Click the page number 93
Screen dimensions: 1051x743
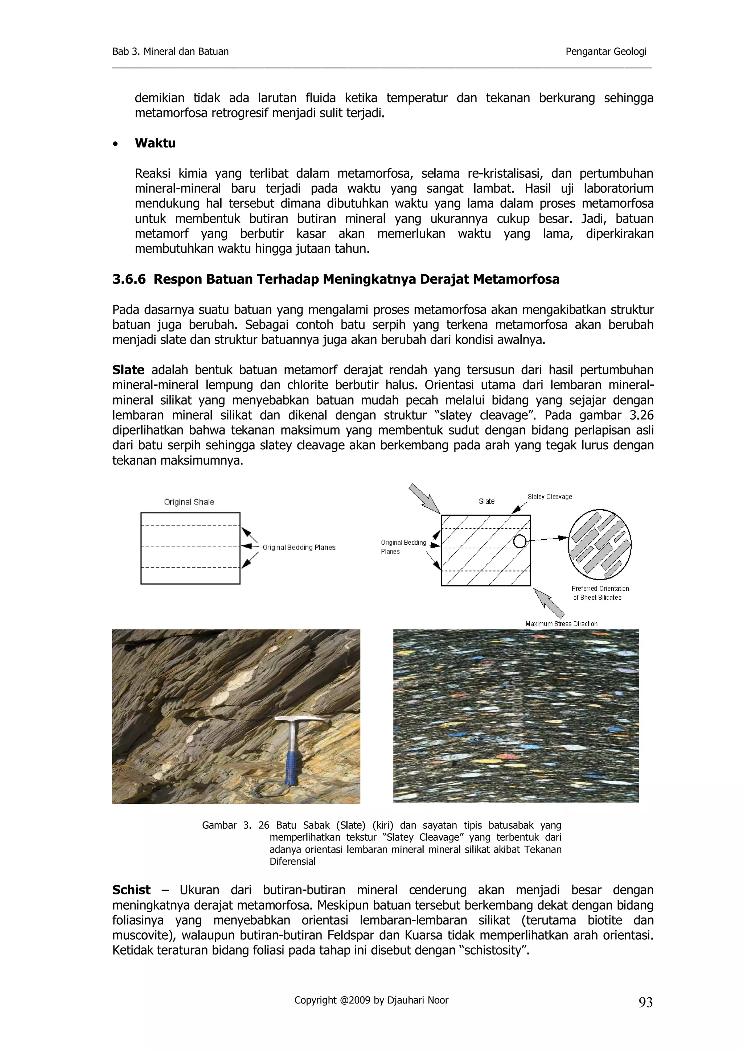point(645,1003)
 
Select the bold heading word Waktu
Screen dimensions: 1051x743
point(155,143)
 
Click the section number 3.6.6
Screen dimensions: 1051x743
point(129,279)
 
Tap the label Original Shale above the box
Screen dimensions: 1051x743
point(189,502)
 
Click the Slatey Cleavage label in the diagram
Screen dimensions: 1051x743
point(550,496)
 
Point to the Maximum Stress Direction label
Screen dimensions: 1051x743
point(561,623)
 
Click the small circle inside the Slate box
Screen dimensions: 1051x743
point(520,541)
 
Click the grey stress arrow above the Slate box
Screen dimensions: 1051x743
point(424,499)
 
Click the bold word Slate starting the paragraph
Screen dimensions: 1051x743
point(128,370)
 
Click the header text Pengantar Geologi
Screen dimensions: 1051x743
point(606,52)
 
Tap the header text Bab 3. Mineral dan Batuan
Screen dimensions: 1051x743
point(170,52)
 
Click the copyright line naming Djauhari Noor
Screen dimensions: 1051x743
point(371,1000)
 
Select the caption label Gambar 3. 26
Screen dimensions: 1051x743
point(235,825)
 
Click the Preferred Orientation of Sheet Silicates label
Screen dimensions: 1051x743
point(600,593)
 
